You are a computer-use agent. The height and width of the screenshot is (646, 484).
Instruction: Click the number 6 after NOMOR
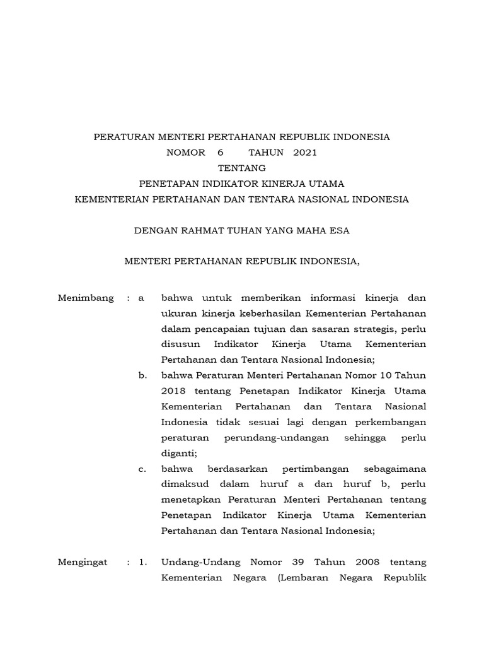[221, 152]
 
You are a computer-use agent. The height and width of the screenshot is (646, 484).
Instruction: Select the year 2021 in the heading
[305, 152]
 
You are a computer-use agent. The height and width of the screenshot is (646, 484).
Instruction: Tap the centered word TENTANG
[241, 168]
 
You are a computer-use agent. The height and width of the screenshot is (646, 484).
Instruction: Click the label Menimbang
[86, 298]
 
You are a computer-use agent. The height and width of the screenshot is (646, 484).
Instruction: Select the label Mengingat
[83, 561]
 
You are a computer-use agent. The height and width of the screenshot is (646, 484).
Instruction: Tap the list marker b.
[142, 375]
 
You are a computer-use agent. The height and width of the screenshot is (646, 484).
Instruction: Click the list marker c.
[142, 469]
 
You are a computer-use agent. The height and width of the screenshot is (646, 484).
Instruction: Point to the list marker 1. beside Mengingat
[142, 561]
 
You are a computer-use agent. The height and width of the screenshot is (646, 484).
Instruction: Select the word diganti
[180, 453]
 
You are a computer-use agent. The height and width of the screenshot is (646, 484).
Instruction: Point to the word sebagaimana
[395, 469]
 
